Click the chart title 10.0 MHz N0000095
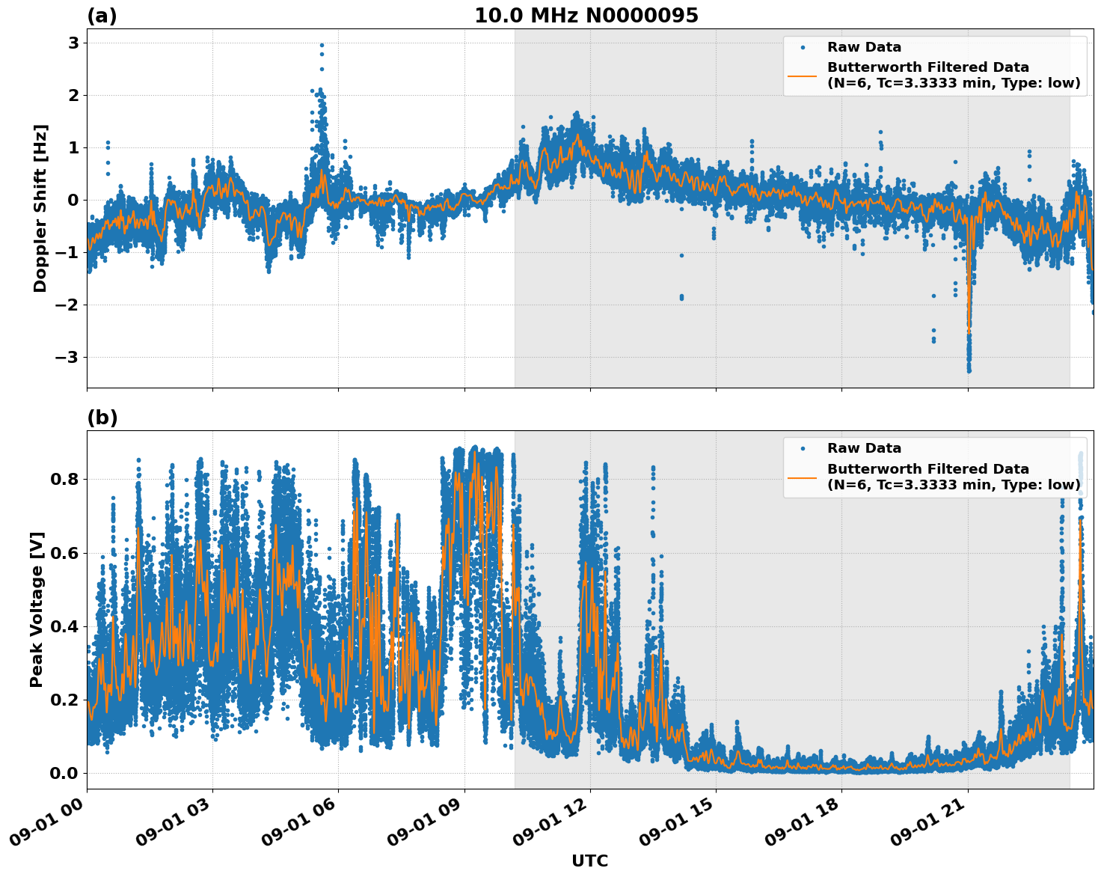(586, 16)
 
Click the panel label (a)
(102, 16)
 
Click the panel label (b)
(102, 418)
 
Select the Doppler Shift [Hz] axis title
(40, 208)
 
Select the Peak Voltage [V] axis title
(37, 609)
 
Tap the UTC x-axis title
(589, 861)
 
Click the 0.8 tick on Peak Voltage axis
(64, 479)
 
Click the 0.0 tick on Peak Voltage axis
(64, 773)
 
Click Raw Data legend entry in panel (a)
(864, 47)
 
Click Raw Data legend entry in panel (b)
(864, 448)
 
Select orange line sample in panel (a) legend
(803, 76)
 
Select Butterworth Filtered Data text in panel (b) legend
(927, 469)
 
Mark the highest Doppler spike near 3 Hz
(322, 46)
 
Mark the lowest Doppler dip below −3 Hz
(969, 370)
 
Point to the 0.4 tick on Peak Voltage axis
(64, 626)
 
